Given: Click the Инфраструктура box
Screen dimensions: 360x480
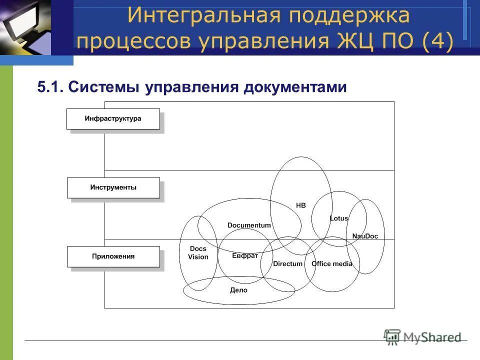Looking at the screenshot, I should pyautogui.click(x=113, y=119).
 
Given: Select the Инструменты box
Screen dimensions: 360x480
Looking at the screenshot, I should pyautogui.click(x=113, y=188).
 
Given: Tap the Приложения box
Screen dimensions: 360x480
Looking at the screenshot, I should pyautogui.click(x=113, y=256).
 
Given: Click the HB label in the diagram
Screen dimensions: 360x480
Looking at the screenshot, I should pyautogui.click(x=300, y=205).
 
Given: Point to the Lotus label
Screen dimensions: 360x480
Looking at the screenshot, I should pyautogui.click(x=339, y=218).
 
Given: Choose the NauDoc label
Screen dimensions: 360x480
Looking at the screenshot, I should pyautogui.click(x=365, y=236).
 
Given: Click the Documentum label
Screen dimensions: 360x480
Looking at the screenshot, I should pyautogui.click(x=249, y=225).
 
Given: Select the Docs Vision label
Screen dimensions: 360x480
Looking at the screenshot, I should pyautogui.click(x=198, y=252).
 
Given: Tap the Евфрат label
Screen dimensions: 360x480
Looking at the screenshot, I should pyautogui.click(x=245, y=255).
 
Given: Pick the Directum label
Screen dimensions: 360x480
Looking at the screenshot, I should pyautogui.click(x=288, y=263).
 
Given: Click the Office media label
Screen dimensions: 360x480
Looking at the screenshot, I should pyautogui.click(x=332, y=263).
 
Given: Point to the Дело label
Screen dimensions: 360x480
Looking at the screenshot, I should pyautogui.click(x=238, y=290).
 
